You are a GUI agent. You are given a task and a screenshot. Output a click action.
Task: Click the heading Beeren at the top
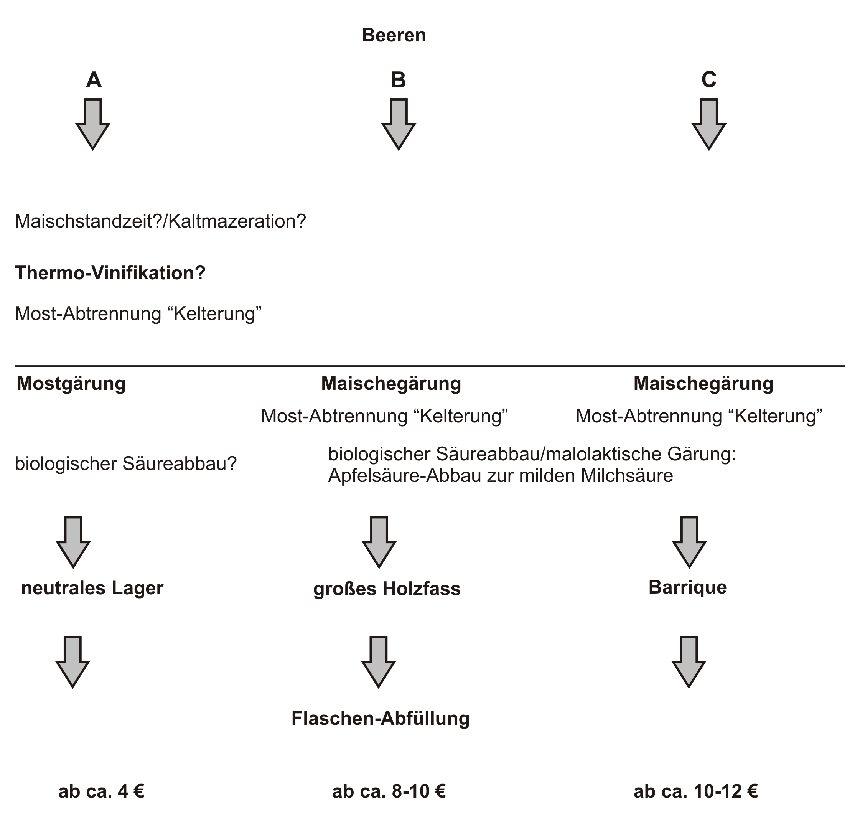[394, 35]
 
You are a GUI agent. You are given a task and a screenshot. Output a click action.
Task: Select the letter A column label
[94, 80]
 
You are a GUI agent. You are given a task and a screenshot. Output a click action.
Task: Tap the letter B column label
[398, 80]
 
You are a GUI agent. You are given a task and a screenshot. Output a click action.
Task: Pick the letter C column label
[709, 79]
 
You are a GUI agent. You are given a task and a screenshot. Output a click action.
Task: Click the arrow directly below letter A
[93, 124]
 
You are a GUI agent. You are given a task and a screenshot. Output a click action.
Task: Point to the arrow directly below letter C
[709, 124]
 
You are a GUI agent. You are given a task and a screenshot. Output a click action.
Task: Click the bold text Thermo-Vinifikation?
[110, 273]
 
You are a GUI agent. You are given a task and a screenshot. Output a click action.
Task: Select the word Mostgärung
[71, 384]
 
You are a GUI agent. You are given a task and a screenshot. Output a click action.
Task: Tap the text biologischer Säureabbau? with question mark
[126, 463]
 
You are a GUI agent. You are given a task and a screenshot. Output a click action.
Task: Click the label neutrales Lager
[92, 588]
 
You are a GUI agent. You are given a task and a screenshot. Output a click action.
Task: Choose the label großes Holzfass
[387, 589]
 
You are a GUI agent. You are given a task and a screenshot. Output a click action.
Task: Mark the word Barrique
[687, 587]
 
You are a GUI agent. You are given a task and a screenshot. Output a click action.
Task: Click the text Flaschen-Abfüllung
[381, 718]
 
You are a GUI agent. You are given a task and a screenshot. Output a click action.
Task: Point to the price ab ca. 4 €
[101, 791]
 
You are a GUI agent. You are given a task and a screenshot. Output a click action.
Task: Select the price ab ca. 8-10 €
[389, 791]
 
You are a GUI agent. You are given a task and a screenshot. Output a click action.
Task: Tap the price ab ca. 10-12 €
[696, 791]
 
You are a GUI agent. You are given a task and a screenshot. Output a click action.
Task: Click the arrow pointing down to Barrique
[689, 542]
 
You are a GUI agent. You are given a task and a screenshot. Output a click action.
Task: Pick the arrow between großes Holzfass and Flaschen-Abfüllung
[378, 662]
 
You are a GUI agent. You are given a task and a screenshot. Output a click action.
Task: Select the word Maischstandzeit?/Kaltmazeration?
[161, 222]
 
